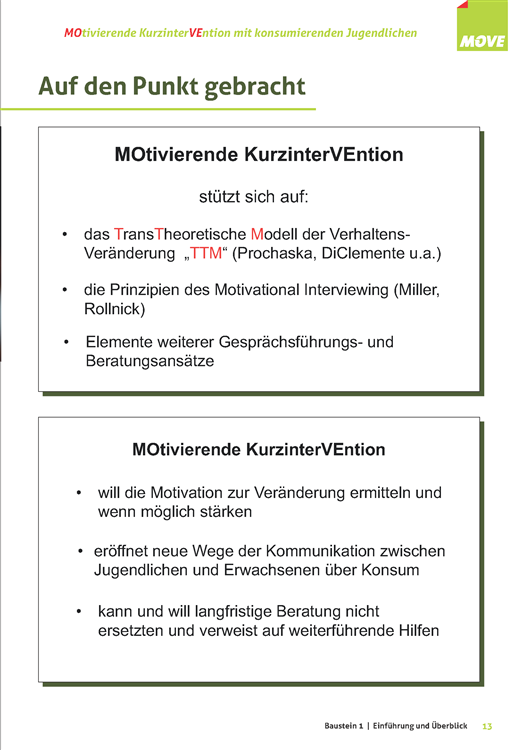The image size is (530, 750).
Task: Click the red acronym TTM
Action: point(206,254)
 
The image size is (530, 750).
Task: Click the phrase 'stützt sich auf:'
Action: point(259,197)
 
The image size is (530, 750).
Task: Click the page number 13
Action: point(487,724)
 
